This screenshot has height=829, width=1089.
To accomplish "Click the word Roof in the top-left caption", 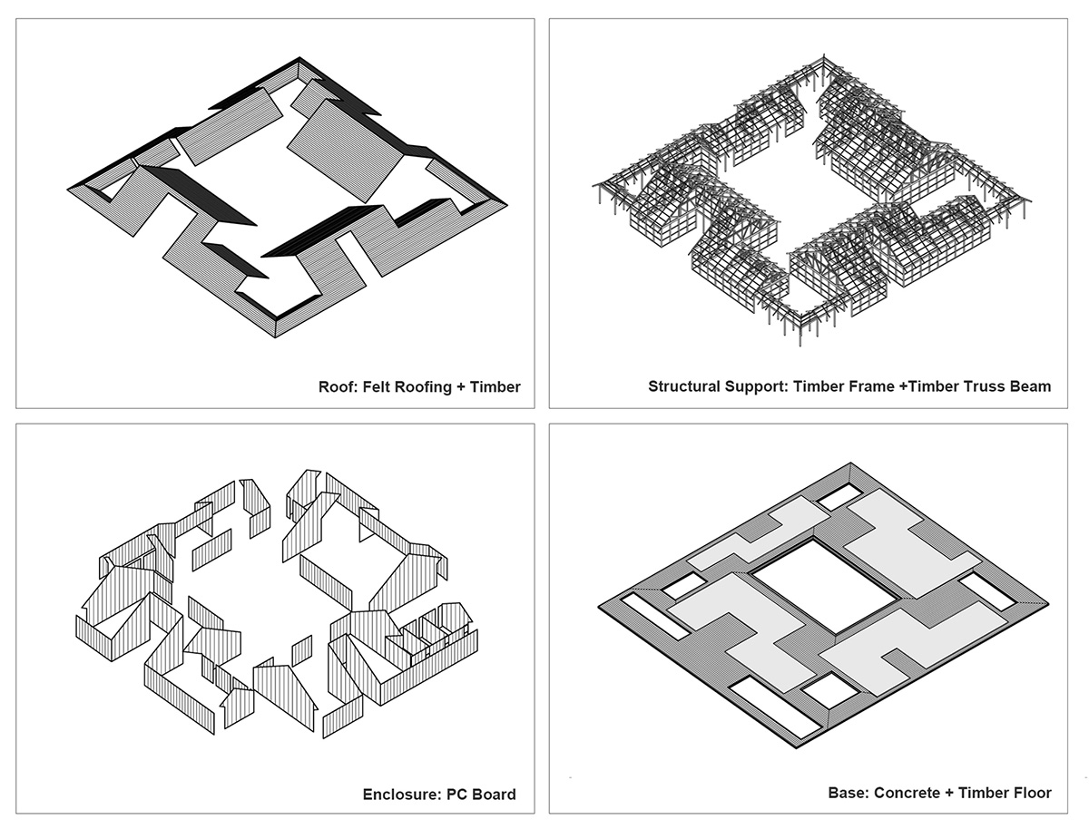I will click(x=338, y=387).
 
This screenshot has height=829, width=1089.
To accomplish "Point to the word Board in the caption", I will click(x=495, y=795).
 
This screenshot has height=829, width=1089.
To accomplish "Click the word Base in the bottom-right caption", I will click(x=849, y=794).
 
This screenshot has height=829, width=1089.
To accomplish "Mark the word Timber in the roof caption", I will click(x=495, y=387).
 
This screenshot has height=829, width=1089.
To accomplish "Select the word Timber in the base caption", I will click(x=980, y=794).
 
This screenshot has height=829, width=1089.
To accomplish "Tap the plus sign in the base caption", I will click(x=947, y=794).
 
